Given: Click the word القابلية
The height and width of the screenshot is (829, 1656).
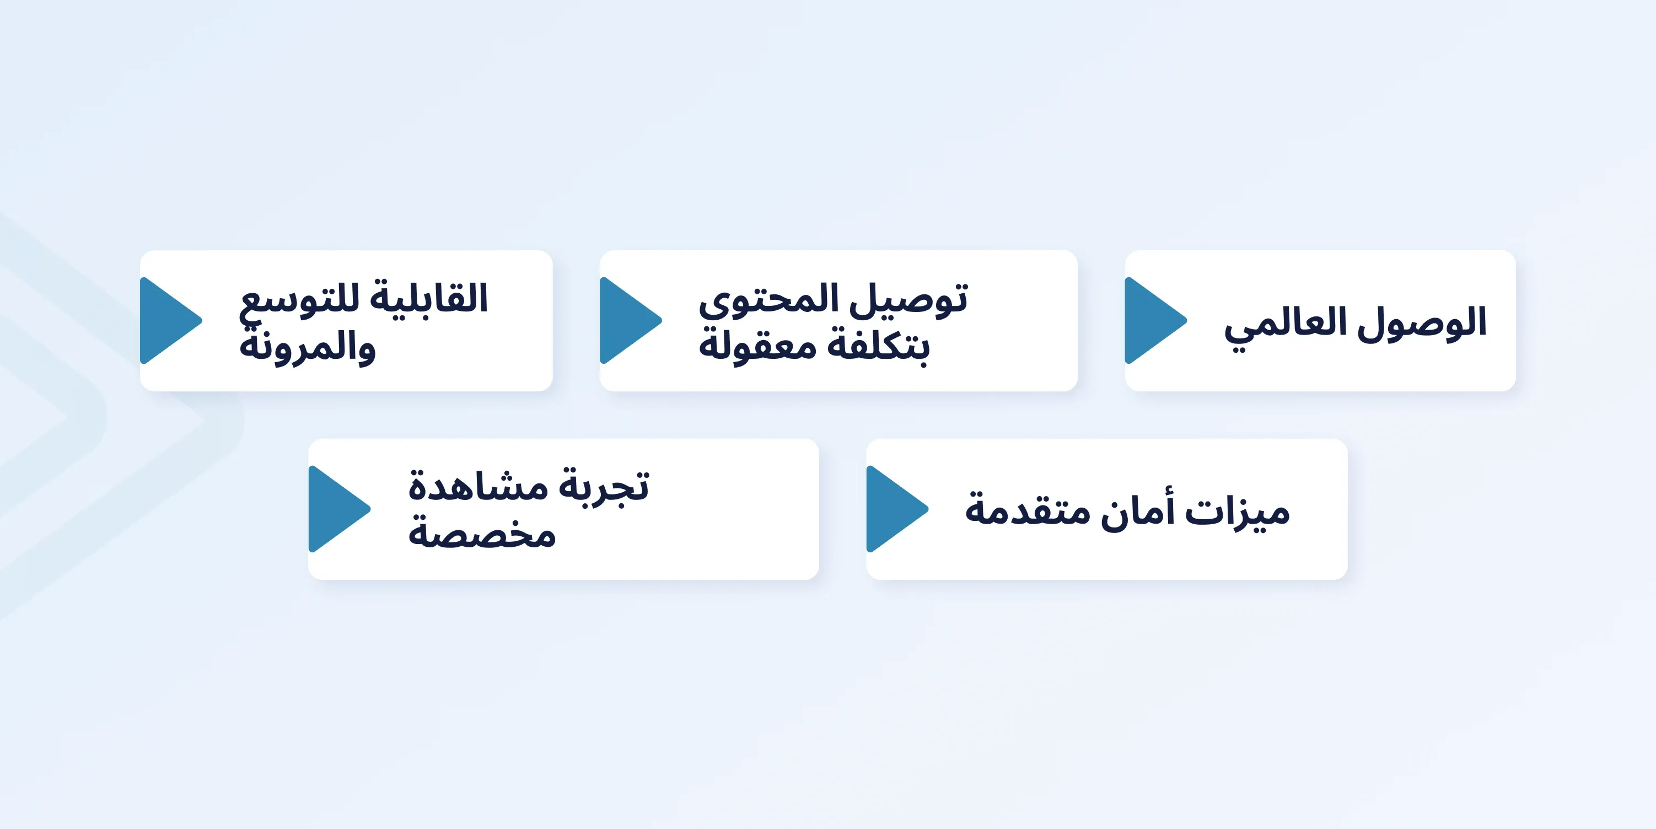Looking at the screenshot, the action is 429,298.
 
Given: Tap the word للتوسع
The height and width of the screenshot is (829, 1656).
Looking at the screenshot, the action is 299,301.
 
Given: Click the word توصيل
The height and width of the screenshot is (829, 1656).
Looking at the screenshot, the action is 909,299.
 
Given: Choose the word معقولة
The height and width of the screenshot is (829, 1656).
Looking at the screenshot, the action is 758,345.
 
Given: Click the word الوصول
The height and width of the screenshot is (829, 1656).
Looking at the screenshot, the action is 1423,323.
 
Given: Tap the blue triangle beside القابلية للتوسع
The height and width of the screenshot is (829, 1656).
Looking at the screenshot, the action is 171,320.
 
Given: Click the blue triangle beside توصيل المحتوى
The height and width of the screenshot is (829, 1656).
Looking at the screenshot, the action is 631,320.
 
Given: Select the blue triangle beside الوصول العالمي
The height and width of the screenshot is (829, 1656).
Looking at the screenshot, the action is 1156,320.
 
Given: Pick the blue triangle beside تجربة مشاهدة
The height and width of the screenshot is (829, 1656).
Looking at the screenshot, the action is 340,509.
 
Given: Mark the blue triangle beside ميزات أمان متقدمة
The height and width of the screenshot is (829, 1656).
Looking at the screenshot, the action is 897,509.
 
